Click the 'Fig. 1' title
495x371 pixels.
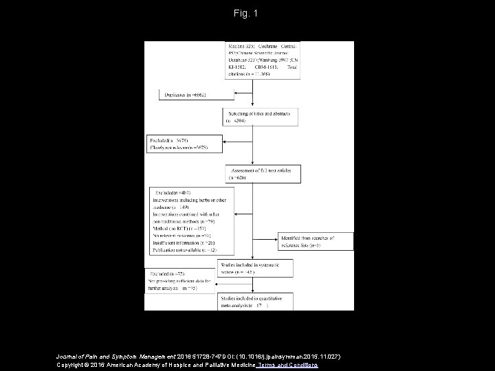point(247,13)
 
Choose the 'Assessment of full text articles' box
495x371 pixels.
point(254,172)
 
